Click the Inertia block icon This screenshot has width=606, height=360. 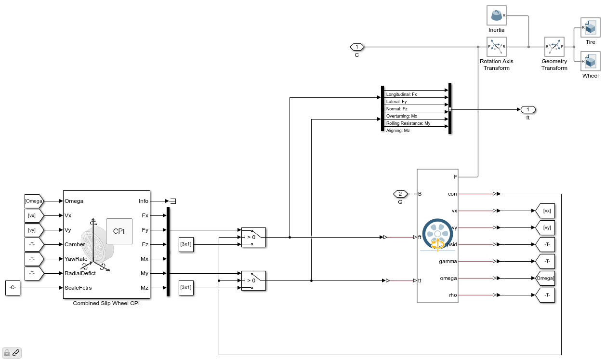pos(496,16)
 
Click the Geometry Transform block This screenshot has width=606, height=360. pos(554,47)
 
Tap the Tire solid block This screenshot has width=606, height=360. pos(590,27)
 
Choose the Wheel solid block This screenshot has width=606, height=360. pos(590,61)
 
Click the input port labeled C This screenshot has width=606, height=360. pos(356,47)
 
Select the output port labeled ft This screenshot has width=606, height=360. pos(527,109)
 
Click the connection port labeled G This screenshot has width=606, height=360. pos(400,194)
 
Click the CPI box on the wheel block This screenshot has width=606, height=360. pos(119,231)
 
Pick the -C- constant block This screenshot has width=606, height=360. pos(13,288)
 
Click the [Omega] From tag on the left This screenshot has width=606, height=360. pos(34,201)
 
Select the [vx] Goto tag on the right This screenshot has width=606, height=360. pos(545,211)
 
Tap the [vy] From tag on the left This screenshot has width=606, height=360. pos(34,230)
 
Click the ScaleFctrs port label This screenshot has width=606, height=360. pos(79,288)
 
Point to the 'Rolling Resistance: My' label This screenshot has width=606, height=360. pos(408,123)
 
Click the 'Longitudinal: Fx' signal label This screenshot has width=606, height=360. pos(401,94)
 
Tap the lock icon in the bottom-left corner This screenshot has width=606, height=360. pos(7,353)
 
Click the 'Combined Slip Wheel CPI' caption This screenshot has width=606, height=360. pos(106,303)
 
